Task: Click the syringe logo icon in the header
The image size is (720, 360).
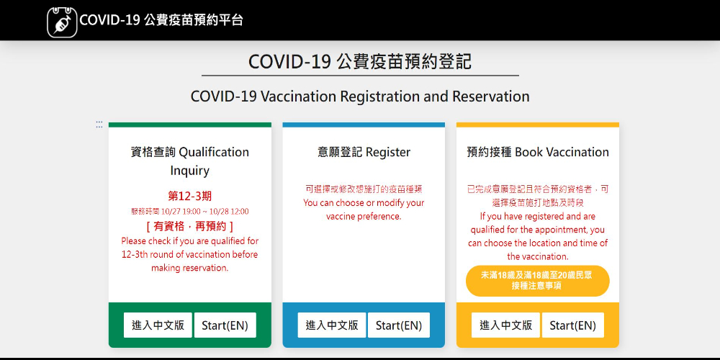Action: pyautogui.click(x=62, y=22)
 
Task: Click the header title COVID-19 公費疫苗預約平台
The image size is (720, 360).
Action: pyautogui.click(x=161, y=20)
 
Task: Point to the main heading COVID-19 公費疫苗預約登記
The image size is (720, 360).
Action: pyautogui.click(x=360, y=61)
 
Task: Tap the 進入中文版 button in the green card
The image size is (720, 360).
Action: pyautogui.click(x=158, y=325)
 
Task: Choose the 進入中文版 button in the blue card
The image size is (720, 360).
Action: pyautogui.click(x=332, y=325)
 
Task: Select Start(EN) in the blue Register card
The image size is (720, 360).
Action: pyautogui.click(x=399, y=325)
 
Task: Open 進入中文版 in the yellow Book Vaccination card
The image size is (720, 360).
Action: pyautogui.click(x=506, y=325)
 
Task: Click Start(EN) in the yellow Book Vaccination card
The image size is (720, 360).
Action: pyautogui.click(x=572, y=325)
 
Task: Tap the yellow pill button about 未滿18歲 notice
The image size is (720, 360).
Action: pyautogui.click(x=538, y=281)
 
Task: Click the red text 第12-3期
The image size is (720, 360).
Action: pyautogui.click(x=189, y=197)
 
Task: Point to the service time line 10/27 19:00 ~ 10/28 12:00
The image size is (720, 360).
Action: pyautogui.click(x=189, y=212)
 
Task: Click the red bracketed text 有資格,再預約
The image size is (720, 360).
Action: pyautogui.click(x=189, y=226)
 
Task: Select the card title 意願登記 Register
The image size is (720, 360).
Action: pyautogui.click(x=364, y=152)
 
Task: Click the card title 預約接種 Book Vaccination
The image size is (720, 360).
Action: pyautogui.click(x=538, y=152)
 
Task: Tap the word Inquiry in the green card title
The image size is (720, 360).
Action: pyautogui.click(x=189, y=171)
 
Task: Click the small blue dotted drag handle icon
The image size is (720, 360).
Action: pyautogui.click(x=99, y=125)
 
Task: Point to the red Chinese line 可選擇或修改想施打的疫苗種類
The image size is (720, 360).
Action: pyautogui.click(x=364, y=189)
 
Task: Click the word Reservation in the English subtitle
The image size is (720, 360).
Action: pyautogui.click(x=491, y=96)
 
